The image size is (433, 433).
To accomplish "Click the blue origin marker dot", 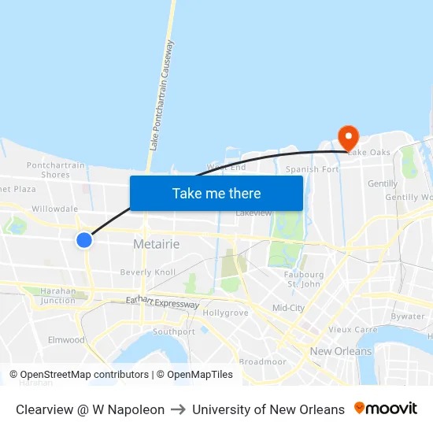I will pyautogui.click(x=84, y=239).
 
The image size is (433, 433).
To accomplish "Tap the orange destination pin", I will pyautogui.click(x=348, y=137).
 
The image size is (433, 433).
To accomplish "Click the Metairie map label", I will pyautogui.click(x=156, y=244).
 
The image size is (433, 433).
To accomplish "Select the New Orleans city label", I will pyautogui.click(x=341, y=351).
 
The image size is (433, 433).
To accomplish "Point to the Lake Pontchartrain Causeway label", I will pyautogui.click(x=161, y=96).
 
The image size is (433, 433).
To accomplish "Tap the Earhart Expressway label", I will pyautogui.click(x=162, y=302).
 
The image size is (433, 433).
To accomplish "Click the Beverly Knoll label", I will pyautogui.click(x=148, y=272).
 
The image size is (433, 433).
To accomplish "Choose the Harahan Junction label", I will pyautogui.click(x=57, y=295).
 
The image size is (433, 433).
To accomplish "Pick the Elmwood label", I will pyautogui.click(x=66, y=340).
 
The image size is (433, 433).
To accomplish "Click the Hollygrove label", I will pyautogui.click(x=225, y=313).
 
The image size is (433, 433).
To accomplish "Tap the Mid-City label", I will pyautogui.click(x=287, y=308).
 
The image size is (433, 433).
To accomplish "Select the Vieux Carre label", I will pyautogui.click(x=353, y=330).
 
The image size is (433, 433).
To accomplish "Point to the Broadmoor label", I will pyautogui.click(x=262, y=361).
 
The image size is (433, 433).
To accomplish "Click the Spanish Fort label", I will pyautogui.click(x=312, y=169).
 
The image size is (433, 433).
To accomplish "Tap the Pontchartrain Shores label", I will pyautogui.click(x=55, y=170).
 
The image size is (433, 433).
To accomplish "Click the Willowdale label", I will pyautogui.click(x=54, y=209).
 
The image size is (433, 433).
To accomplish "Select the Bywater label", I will pyautogui.click(x=407, y=316).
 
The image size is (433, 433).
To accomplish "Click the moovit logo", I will pyautogui.click(x=386, y=409).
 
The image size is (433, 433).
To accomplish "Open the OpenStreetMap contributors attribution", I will pyautogui.click(x=84, y=375).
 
